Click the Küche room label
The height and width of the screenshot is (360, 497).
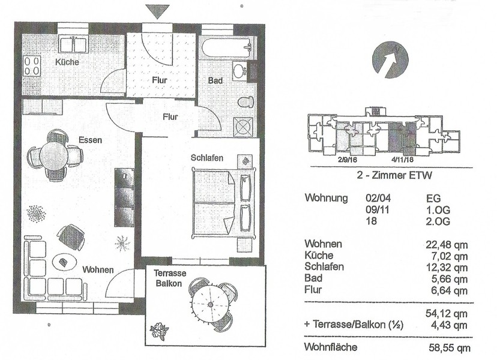pos(67,62)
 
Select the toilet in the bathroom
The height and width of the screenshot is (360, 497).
pos(246,102)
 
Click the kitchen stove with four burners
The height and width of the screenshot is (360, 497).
pos(32,65)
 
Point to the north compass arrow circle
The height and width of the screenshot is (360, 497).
pos(390,59)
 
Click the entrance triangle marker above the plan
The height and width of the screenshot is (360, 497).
pos(157,11)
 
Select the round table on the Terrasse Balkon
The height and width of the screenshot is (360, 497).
pos(210,305)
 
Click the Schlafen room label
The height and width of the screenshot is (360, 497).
pos(206,157)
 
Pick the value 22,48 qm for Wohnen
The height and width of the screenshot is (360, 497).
pos(447,244)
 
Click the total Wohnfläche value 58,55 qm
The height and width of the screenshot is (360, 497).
pos(450,347)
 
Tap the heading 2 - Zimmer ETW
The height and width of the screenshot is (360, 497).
pos(394,175)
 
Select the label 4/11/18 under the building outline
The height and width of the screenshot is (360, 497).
pos(403,160)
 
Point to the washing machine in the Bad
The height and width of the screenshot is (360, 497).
pos(243,127)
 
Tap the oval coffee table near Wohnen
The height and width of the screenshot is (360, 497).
pos(64,262)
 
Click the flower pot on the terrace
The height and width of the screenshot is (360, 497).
pos(159,331)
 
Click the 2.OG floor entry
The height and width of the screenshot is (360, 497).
pos(438,221)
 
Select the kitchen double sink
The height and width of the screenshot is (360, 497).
pos(74,44)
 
